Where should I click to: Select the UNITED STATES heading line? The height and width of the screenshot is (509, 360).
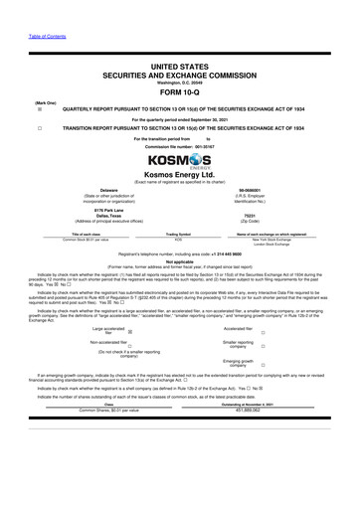click(179, 63)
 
